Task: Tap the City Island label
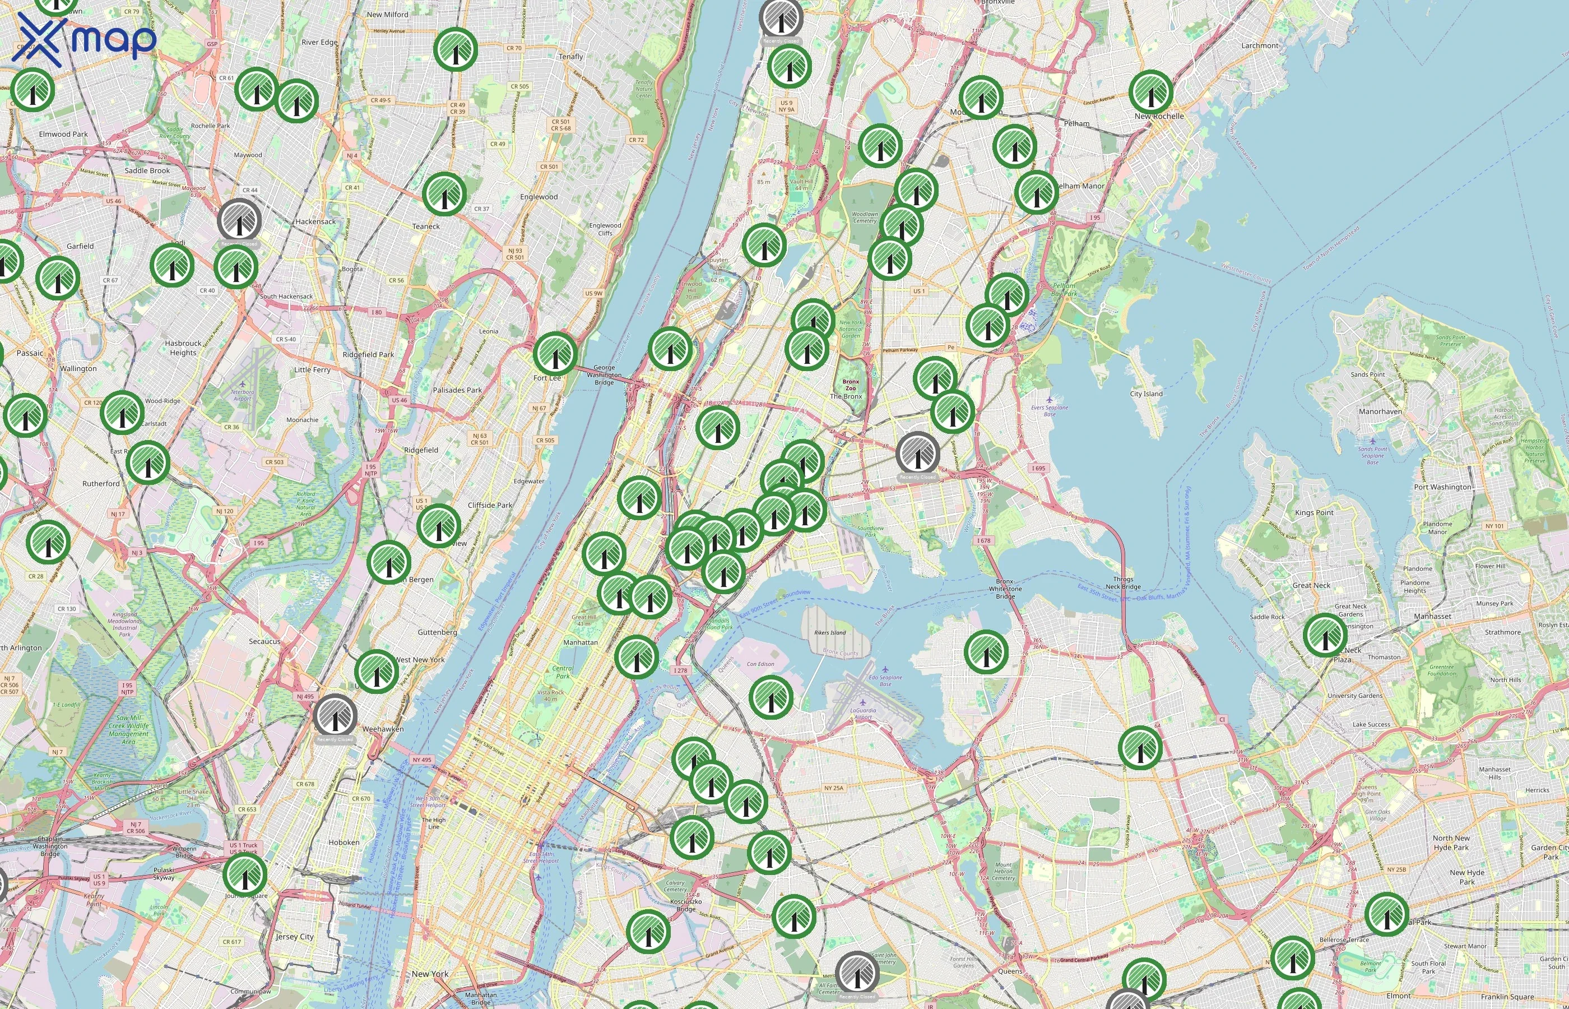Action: (x=1146, y=394)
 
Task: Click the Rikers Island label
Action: (x=830, y=633)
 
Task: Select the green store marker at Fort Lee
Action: (x=555, y=353)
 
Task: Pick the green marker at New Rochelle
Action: (x=1150, y=92)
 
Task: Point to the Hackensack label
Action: (x=315, y=221)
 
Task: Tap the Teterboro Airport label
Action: (x=242, y=395)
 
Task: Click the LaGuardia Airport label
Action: (x=862, y=714)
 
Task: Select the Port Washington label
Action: (x=1442, y=487)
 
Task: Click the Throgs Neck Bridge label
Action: (x=1122, y=582)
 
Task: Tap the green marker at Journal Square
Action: (x=245, y=874)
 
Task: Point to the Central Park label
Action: (x=562, y=672)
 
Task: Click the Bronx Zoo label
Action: (x=850, y=385)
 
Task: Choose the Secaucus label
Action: (x=264, y=641)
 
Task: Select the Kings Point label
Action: (x=1313, y=512)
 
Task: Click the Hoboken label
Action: (x=344, y=843)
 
